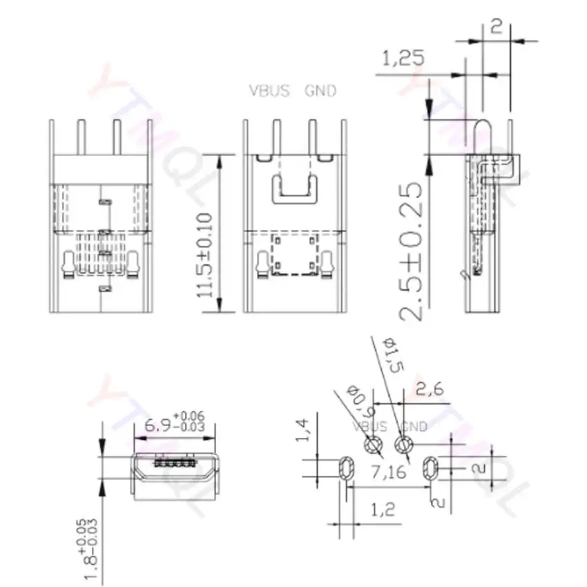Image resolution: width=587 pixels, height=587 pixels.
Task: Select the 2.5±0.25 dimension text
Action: (x=415, y=250)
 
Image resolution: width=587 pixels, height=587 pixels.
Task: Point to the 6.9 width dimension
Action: (x=162, y=425)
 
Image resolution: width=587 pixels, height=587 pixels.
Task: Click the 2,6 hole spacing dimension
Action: (x=428, y=390)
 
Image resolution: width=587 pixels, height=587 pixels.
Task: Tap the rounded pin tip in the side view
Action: (x=481, y=128)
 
